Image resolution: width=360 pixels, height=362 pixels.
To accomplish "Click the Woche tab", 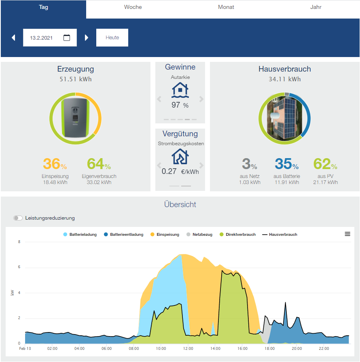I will click(x=133, y=7).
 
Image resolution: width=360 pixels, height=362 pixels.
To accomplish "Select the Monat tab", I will click(x=226, y=7).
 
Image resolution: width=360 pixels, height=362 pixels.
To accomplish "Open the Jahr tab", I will click(x=316, y=7).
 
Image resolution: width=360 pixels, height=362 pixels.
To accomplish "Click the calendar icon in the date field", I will click(x=67, y=38).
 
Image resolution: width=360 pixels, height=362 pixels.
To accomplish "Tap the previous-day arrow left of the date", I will click(x=13, y=38).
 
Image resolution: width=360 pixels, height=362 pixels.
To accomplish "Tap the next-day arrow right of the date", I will click(x=87, y=38).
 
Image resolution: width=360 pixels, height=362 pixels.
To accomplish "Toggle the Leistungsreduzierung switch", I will click(x=18, y=218).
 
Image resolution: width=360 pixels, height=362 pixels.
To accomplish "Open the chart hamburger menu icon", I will click(x=347, y=234).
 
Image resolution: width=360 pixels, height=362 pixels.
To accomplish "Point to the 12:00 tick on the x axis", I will click(x=188, y=348).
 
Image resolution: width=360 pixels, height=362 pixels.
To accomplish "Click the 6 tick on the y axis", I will click(x=19, y=267).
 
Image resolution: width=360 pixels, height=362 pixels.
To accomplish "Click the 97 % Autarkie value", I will click(x=180, y=105).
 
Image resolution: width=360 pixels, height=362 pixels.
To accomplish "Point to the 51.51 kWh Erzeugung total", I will click(x=76, y=79).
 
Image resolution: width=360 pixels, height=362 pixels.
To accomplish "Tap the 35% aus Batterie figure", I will click(x=286, y=164).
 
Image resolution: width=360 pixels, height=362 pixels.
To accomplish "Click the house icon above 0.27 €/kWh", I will click(x=180, y=157).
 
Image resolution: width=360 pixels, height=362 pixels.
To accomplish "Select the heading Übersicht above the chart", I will click(x=180, y=205).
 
